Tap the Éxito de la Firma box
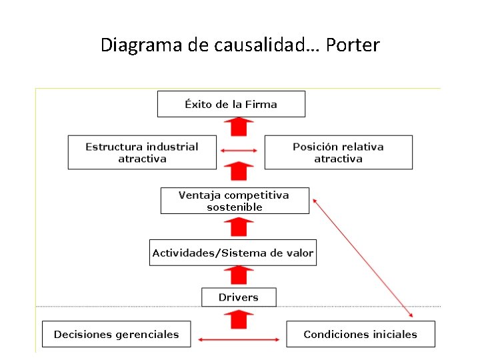[231, 104]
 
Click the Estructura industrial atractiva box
[142, 153]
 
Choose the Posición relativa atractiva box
[338, 153]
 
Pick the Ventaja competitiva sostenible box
[235, 201]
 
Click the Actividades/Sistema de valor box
[233, 253]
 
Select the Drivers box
[238, 297]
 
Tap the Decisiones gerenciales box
[116, 334]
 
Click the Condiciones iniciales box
[360, 334]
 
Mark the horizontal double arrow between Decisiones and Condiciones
[238, 341]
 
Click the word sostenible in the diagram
[235, 207]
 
